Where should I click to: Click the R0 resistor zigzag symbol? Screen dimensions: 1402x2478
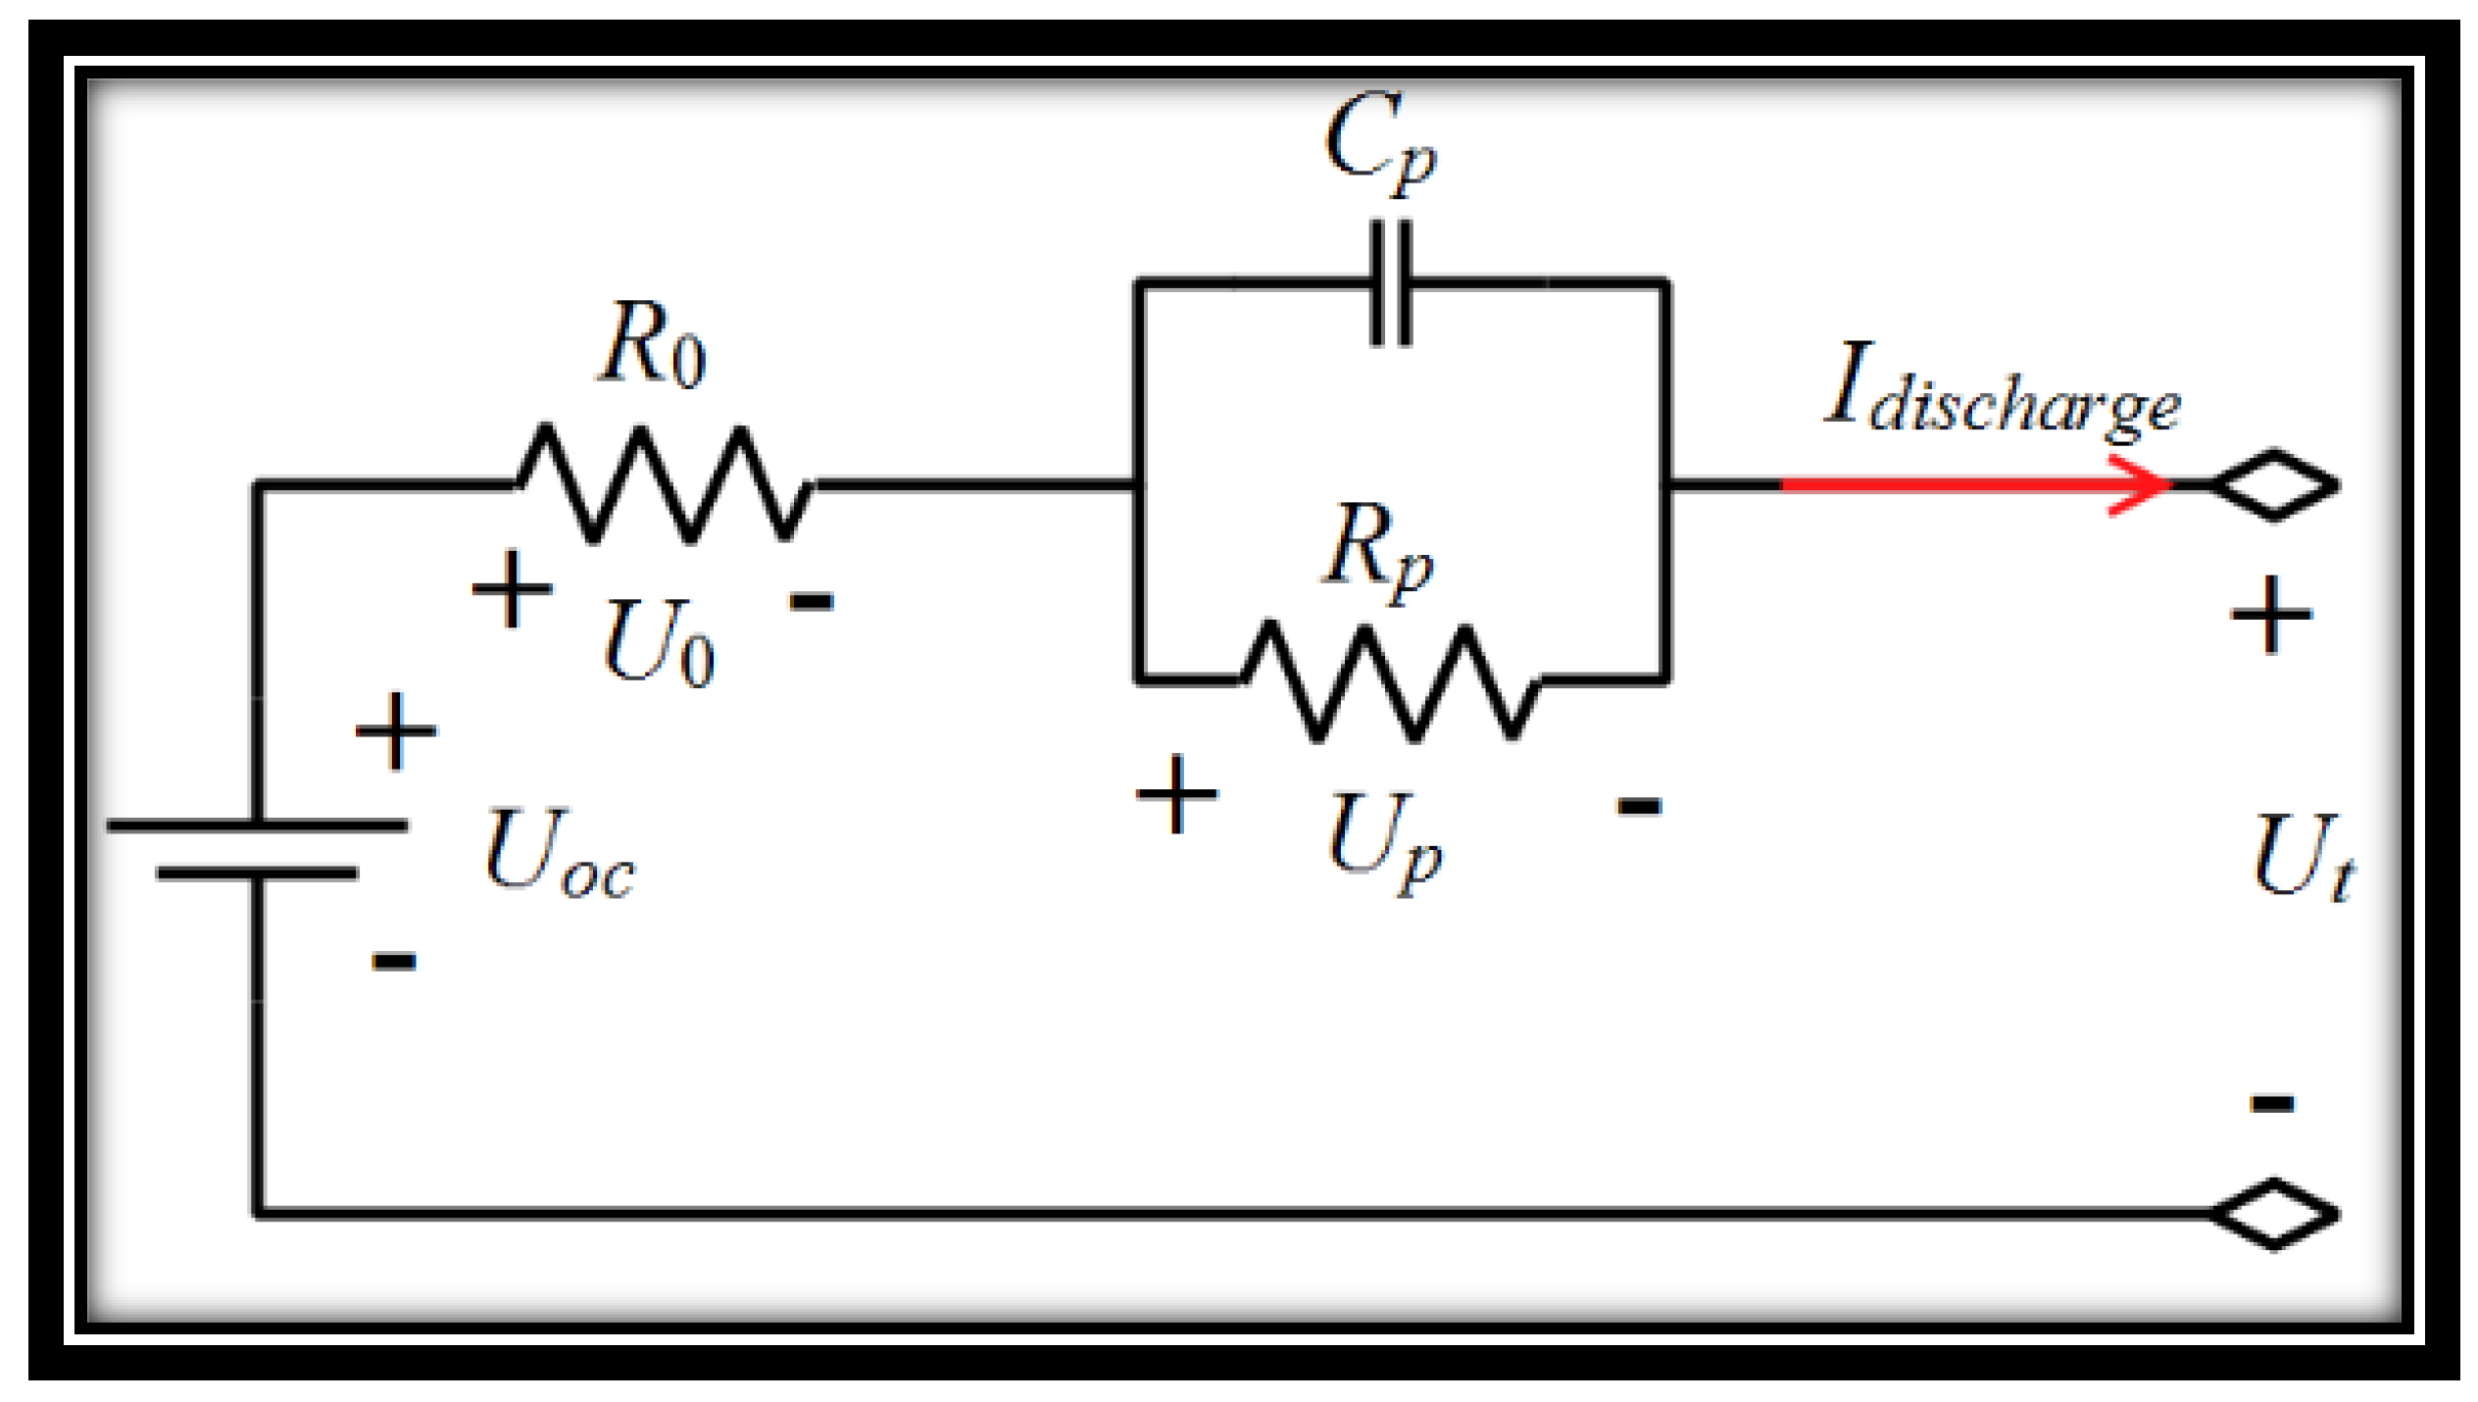click(665, 484)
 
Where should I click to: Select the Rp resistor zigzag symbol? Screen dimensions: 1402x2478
click(1390, 680)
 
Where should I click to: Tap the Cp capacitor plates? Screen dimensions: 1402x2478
click(1390, 283)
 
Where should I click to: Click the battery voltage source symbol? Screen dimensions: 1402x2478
click(257, 849)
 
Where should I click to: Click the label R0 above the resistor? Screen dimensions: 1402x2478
click(653, 344)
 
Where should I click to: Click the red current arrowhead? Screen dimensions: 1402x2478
click(2142, 484)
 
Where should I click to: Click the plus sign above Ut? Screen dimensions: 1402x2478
click(2272, 615)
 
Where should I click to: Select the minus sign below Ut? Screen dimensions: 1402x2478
click(2272, 1103)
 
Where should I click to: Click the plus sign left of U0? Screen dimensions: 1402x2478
click(512, 588)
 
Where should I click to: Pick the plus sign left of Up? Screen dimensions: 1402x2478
click(1176, 794)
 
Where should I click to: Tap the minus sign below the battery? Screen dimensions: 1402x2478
click(394, 961)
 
